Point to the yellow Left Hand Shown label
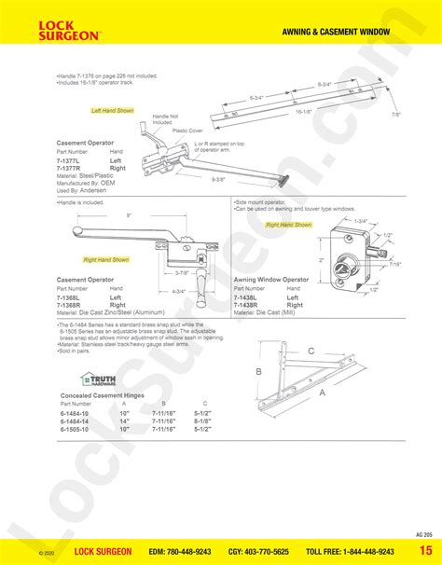tap(113, 110)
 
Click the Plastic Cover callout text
tap(188, 131)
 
